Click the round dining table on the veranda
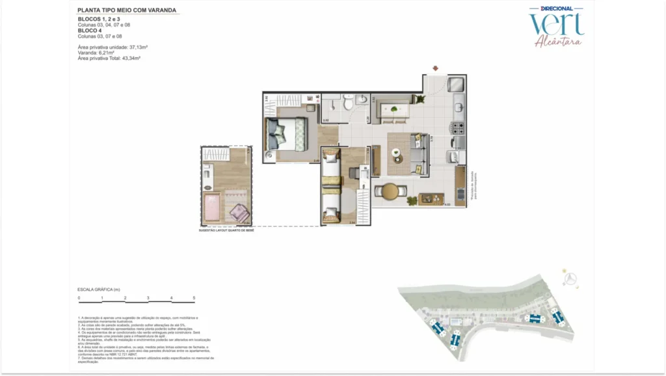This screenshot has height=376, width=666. pyautogui.click(x=390, y=191)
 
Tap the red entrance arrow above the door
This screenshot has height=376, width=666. pyautogui.click(x=436, y=68)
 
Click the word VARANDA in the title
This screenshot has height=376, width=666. pyautogui.click(x=160, y=10)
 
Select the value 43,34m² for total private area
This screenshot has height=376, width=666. pyautogui.click(x=130, y=59)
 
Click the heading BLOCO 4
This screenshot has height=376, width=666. pyautogui.click(x=89, y=31)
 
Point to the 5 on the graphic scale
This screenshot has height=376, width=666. pyautogui.click(x=194, y=298)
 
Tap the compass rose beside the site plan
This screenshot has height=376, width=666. pyautogui.click(x=571, y=279)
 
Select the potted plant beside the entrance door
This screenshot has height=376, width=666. pyautogui.click(x=420, y=100)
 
